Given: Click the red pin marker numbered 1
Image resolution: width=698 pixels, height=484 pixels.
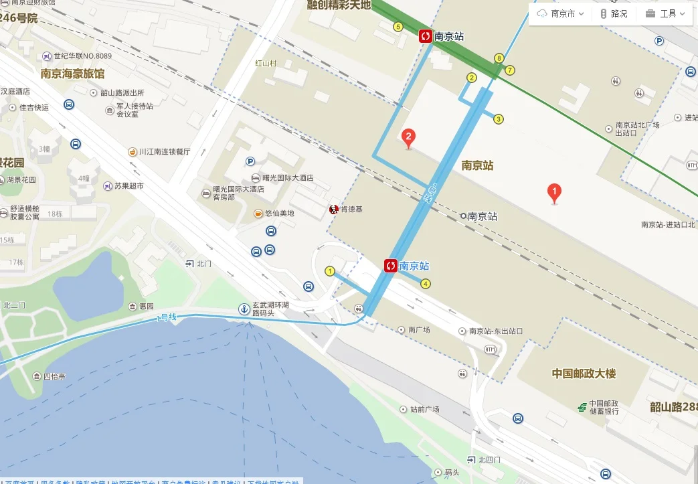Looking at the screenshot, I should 554,193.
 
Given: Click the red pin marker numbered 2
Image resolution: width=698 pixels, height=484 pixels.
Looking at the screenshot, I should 408,138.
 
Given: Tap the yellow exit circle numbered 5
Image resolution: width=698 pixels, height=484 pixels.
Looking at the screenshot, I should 398,27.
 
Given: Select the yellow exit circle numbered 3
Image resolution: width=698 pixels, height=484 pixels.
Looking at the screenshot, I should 498,119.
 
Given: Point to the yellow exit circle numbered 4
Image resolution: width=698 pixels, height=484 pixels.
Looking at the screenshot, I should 426,283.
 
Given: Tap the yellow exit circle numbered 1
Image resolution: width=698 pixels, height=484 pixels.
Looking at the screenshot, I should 329,271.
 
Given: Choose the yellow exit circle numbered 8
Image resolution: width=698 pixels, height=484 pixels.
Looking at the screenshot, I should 499,58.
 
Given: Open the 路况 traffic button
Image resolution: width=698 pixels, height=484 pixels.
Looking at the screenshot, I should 613,13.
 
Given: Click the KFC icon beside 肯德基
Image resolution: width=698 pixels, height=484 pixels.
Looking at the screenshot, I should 333,210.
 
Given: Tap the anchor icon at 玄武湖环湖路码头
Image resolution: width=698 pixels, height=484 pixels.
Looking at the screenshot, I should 244,309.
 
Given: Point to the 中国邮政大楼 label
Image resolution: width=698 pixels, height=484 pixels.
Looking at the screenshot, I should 584,374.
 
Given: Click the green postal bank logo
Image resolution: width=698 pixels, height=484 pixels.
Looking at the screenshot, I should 582,406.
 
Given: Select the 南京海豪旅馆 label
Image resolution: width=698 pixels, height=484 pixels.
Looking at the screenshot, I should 72,74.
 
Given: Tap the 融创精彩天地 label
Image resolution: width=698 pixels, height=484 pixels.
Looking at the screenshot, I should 338,5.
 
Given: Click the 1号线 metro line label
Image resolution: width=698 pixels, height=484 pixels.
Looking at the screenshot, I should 166,317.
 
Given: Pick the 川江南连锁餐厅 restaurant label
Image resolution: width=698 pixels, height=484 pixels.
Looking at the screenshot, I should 164,152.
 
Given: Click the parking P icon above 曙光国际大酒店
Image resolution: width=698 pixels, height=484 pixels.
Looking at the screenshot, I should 250,161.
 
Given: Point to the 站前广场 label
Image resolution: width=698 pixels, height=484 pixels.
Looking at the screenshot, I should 424,409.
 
